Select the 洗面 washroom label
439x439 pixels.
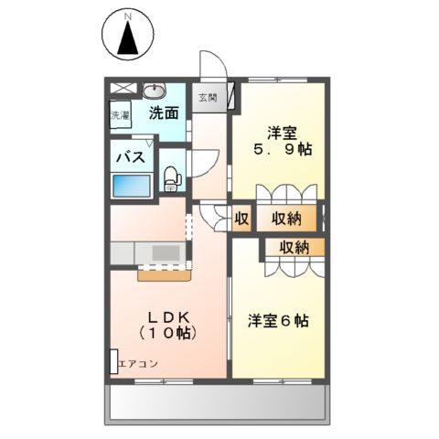[164, 114]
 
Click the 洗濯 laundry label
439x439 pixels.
[121, 116]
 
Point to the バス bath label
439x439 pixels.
[129, 157]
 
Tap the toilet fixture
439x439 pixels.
[171, 177]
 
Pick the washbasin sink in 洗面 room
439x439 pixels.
[153, 91]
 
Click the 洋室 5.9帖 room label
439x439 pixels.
[280, 138]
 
